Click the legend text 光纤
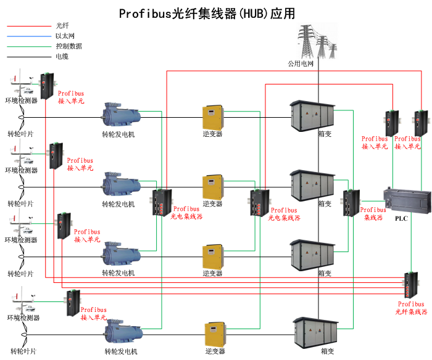[x=62, y=26]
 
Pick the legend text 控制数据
[x=69, y=46]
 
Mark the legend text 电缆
[x=62, y=57]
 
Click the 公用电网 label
[x=301, y=63]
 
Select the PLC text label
[x=401, y=218]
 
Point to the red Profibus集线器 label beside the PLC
[x=373, y=213]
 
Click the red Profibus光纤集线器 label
[x=411, y=308]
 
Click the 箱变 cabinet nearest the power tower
[x=312, y=114]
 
